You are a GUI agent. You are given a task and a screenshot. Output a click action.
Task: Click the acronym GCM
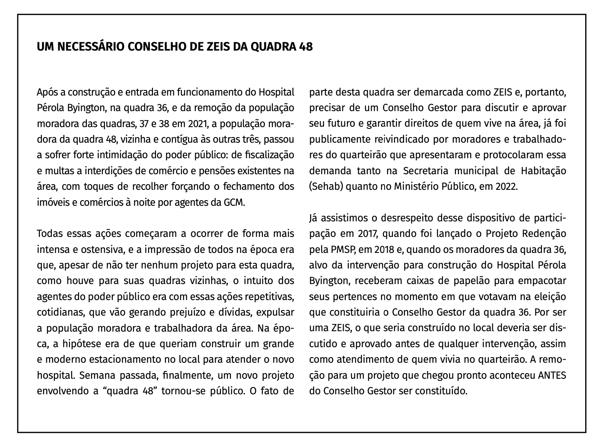coord(234,202)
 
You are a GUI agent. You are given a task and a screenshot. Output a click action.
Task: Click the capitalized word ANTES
coord(552,376)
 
